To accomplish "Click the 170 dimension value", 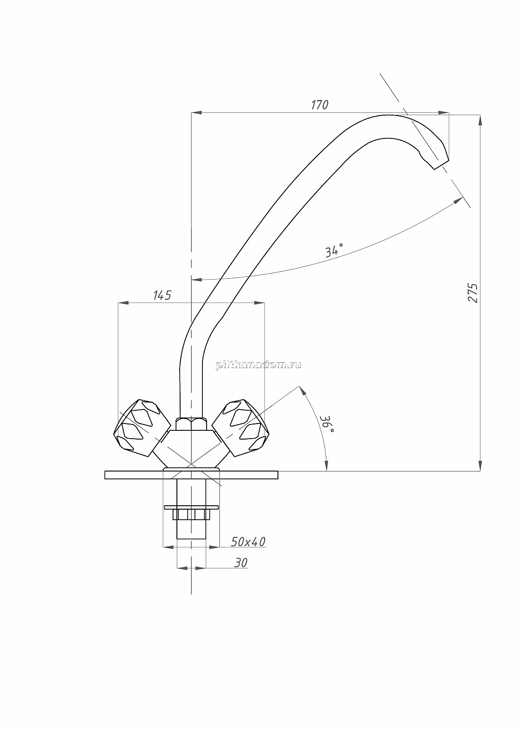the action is point(320,105).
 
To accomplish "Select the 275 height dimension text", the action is point(473,293).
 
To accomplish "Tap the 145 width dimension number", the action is point(162,295).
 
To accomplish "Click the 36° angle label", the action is point(326,424).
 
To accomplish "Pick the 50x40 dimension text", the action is point(248,542).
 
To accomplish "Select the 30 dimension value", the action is point(241,562).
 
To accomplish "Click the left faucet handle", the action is point(142,428).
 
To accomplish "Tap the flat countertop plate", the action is point(192,475).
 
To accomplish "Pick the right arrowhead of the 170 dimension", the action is point(443,113).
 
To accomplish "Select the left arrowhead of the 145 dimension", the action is point(123,303).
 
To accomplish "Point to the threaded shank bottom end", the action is point(192,539).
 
